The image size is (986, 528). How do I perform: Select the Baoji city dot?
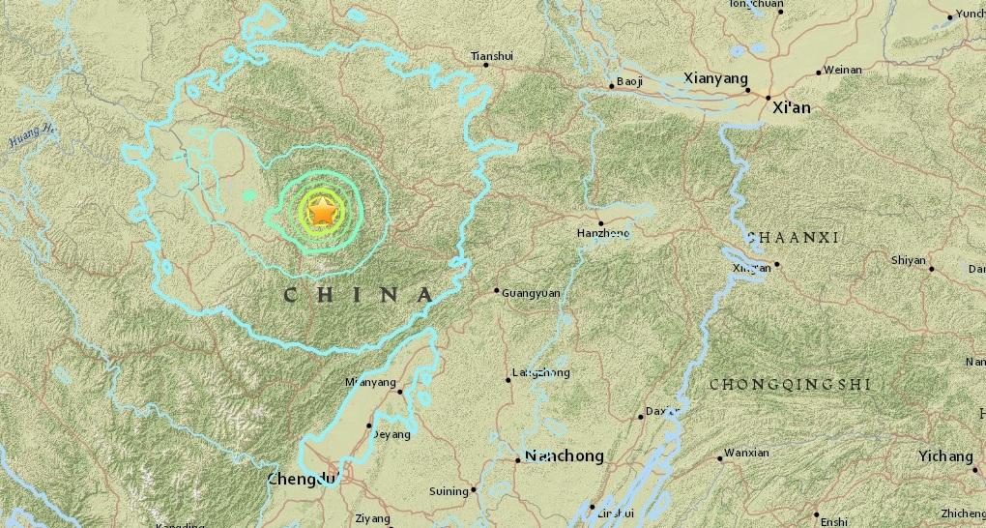[x=612, y=87]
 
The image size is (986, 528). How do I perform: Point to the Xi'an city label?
[x=791, y=107]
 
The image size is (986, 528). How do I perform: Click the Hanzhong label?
[x=602, y=233]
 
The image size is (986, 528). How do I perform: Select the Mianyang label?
[x=370, y=382]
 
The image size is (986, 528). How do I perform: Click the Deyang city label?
[x=391, y=434]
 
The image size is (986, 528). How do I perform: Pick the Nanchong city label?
[x=564, y=455]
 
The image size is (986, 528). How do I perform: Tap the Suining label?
[x=449, y=491]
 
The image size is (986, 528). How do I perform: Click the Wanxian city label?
[x=746, y=453]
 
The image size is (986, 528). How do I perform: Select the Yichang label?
[x=945, y=455]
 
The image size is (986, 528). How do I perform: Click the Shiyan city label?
[x=908, y=260]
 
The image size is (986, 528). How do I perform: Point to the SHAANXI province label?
[x=793, y=237]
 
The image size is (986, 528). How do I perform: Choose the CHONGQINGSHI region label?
[x=790, y=384]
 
